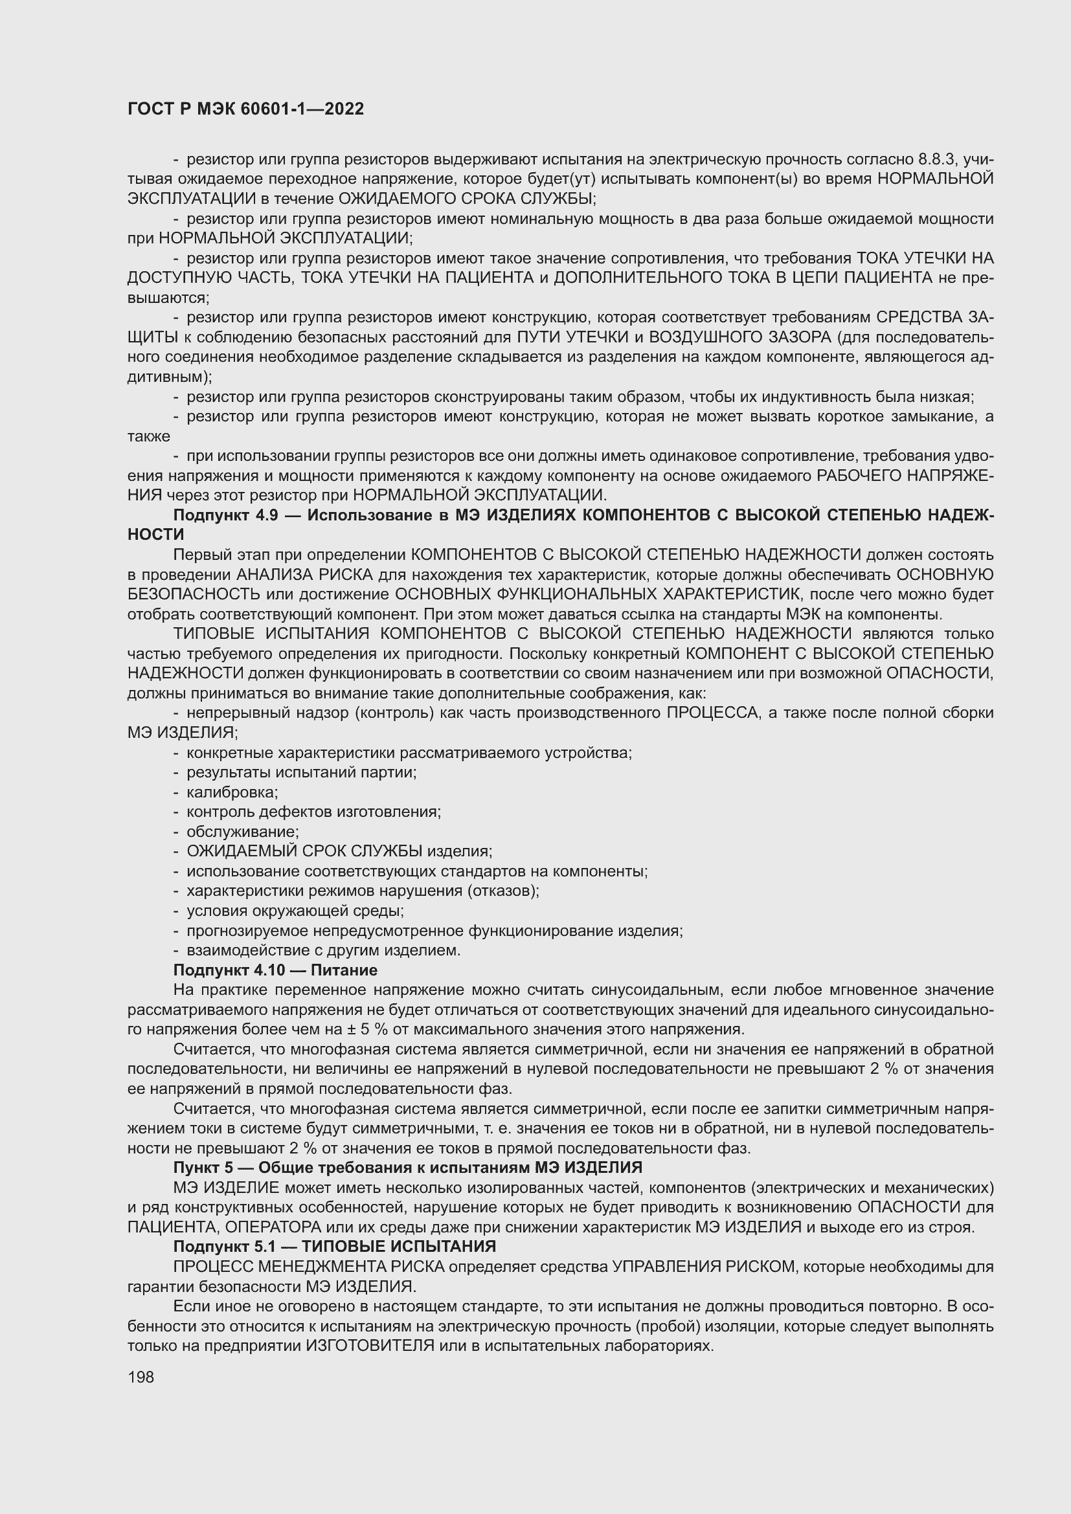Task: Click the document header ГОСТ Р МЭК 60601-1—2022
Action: coord(245,109)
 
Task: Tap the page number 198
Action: coord(141,1377)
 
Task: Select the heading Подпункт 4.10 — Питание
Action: coord(275,970)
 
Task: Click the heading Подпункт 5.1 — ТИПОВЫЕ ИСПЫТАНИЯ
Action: coord(334,1246)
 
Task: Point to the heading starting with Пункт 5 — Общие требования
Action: coord(407,1167)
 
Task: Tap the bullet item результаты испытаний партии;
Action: coord(301,772)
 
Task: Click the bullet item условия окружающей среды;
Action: coord(295,911)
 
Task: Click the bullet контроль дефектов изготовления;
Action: coord(313,812)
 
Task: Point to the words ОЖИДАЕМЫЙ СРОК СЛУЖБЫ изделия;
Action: coord(339,851)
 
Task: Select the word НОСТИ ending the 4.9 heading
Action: coord(155,535)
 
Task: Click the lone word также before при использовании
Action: coord(148,436)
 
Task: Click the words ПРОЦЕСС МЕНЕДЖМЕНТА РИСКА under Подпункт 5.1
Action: coord(310,1267)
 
